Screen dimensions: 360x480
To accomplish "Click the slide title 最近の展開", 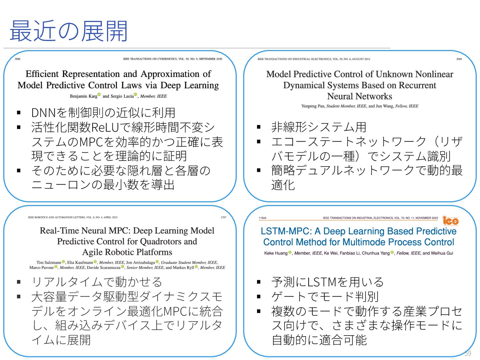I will tap(69, 31).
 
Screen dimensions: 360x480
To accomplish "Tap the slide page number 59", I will tap(467, 353).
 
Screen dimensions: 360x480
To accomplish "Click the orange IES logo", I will tap(450, 221).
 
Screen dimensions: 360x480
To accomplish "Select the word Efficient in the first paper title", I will tap(42, 74).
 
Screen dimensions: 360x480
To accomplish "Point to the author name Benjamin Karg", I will tap(83, 96).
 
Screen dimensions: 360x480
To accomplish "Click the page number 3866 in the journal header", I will tap(17, 59).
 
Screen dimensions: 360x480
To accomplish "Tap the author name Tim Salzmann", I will tap(49, 262).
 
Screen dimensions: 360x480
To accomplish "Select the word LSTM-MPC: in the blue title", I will tap(286, 231).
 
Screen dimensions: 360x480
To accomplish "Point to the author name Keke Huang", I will tap(276, 253).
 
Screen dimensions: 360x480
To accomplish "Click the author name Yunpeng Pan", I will tap(313, 106).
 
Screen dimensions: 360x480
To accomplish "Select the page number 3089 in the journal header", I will tap(459, 59).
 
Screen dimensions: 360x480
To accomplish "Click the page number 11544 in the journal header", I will tap(262, 218).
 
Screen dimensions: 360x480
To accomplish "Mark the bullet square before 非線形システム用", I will tap(259, 127).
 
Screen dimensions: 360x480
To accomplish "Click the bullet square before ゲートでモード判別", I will tap(259, 296).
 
